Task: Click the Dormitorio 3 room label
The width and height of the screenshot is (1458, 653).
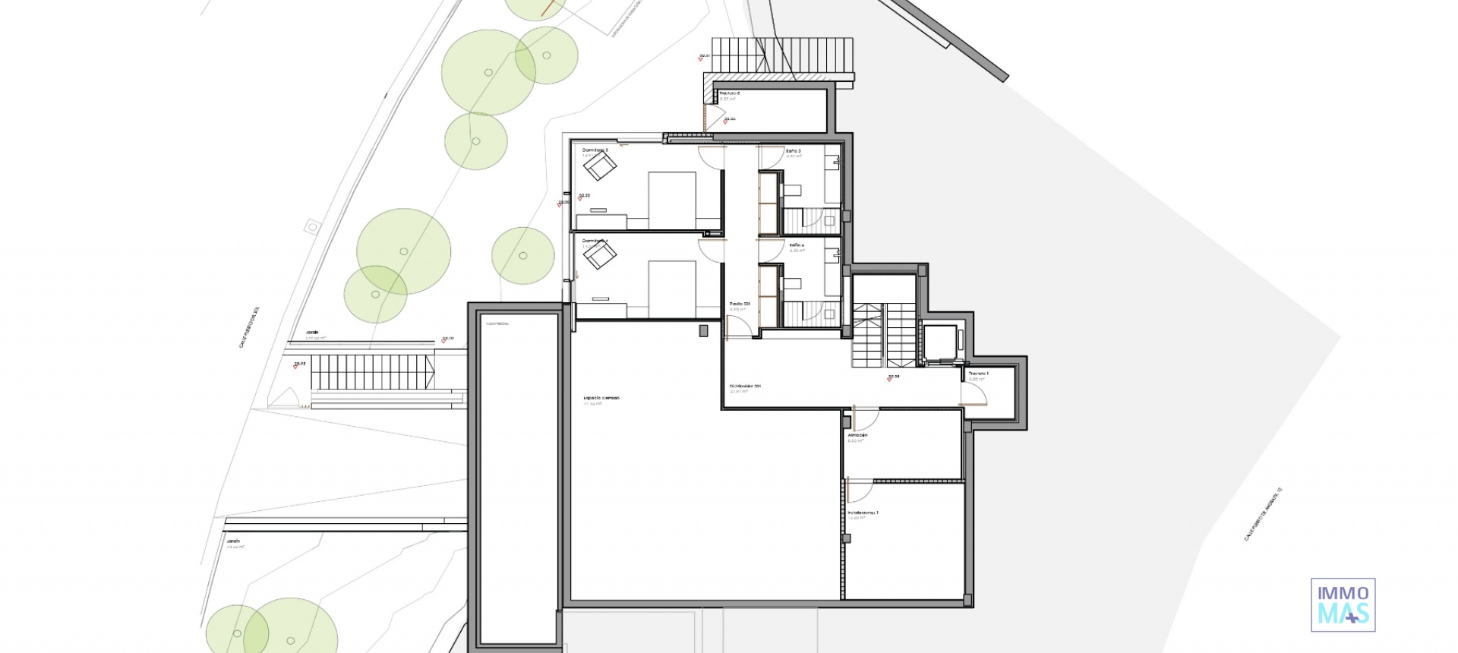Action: coord(595,150)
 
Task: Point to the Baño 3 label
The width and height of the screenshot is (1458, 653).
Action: coord(794,151)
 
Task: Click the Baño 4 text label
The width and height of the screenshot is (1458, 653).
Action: coord(797,245)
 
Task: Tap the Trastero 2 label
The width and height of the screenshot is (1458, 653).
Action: coord(730,93)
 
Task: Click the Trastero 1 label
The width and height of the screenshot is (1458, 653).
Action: coord(978,374)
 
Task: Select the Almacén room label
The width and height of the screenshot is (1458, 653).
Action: coord(857,436)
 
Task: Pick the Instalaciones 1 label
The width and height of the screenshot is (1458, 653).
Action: coord(863,513)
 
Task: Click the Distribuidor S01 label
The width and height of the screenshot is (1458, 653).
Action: coord(745,386)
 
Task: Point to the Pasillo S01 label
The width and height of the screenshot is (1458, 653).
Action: coord(740,304)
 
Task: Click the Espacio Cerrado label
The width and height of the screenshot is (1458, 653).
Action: coord(601,398)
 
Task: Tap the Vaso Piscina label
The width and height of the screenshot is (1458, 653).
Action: coord(497,324)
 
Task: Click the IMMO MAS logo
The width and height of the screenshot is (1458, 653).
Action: coord(1343,604)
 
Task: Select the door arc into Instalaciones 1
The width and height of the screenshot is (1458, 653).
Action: coord(858,490)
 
